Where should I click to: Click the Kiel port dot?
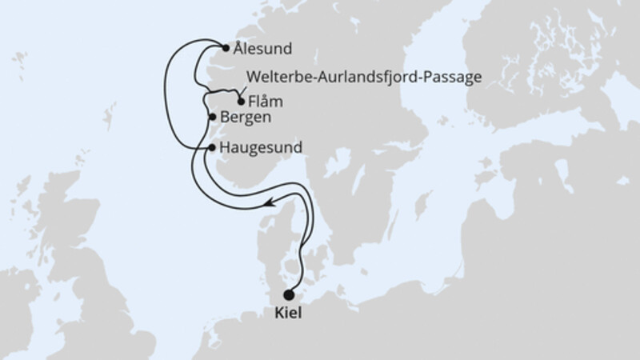click(x=288, y=294)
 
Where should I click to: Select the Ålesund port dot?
click(x=226, y=47)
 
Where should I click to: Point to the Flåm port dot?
click(x=241, y=102)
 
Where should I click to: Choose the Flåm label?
click(x=266, y=102)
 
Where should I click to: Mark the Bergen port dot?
click(x=212, y=118)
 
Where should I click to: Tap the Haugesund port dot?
click(x=211, y=148)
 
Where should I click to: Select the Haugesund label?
click(x=259, y=148)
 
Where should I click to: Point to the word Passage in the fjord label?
click(x=456, y=78)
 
